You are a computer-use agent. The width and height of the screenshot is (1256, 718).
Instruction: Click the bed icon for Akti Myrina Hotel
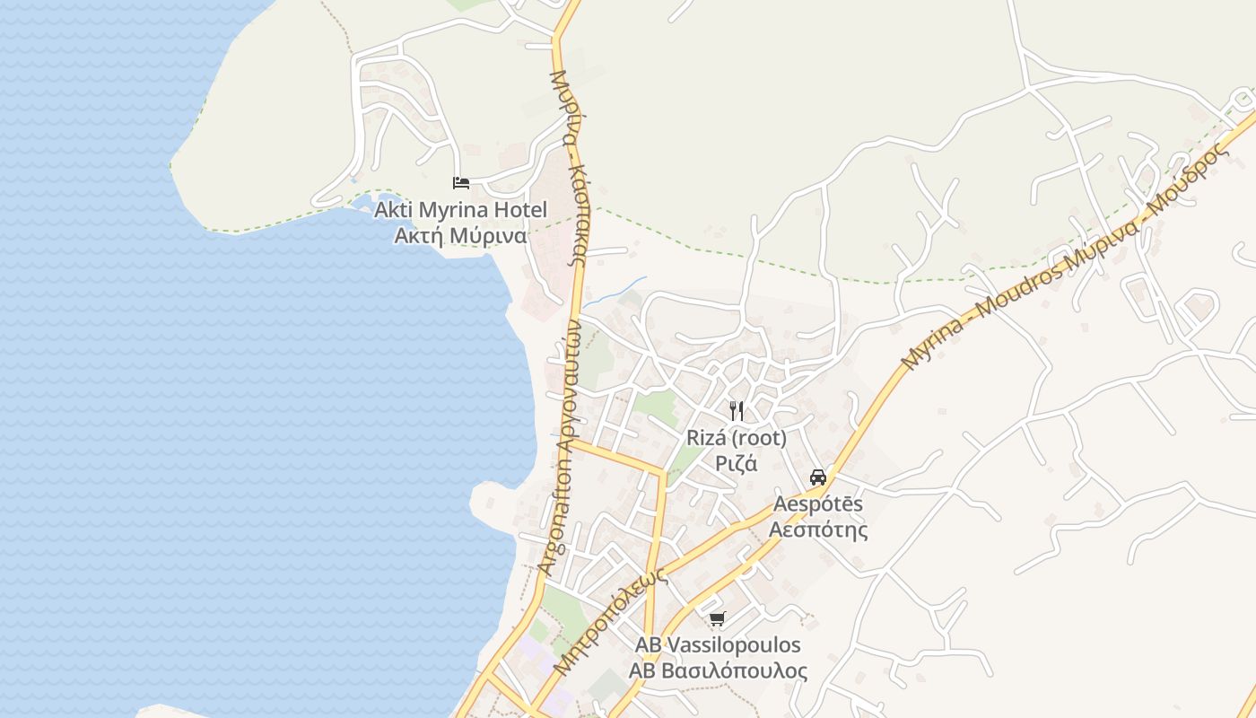pos(461,183)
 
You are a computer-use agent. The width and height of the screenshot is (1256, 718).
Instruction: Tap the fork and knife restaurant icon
pos(737,411)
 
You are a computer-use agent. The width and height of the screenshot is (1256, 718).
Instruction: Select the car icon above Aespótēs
pos(817,477)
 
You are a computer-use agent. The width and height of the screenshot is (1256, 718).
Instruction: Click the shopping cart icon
pos(717,618)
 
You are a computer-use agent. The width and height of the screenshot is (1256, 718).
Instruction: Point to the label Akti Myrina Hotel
pos(460,210)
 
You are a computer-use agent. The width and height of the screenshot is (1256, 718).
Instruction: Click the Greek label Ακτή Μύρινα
pos(460,236)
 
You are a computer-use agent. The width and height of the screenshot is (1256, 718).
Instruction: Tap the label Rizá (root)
pos(737,438)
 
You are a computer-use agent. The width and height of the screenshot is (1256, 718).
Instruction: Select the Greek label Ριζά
pos(737,464)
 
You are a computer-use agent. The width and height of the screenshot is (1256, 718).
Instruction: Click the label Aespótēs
pos(817,503)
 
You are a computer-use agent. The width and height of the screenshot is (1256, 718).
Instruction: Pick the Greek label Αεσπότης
pos(818,530)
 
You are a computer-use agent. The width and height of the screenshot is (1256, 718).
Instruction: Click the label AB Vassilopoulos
pos(718,645)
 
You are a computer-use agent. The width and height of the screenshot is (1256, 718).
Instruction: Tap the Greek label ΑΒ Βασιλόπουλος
pos(718,671)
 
